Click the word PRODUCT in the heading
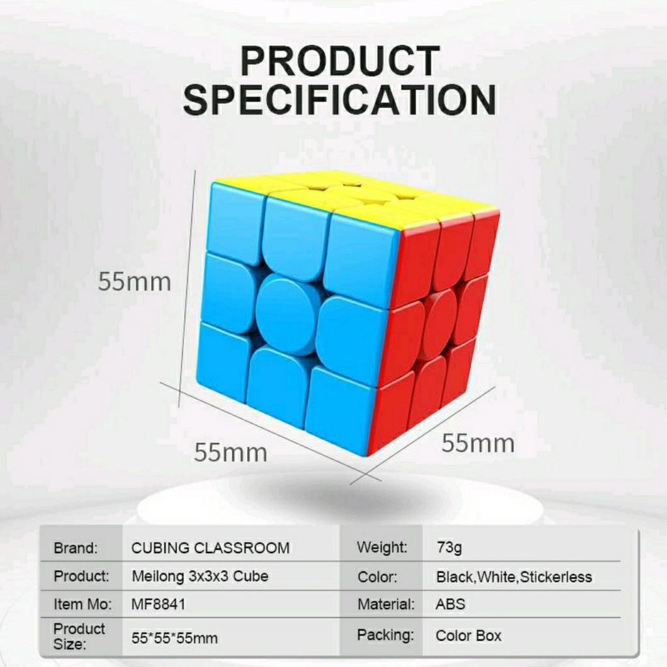tap(339, 63)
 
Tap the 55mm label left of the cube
tap(134, 282)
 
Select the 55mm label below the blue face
tap(231, 452)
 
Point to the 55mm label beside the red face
tap(478, 444)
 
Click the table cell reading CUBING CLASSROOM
tap(210, 548)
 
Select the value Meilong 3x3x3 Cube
tap(200, 576)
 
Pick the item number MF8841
tap(158, 604)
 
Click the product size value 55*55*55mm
tap(175, 638)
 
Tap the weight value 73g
tap(449, 548)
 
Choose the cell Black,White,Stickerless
tap(514, 577)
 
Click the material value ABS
tap(450, 604)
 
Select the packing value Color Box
tap(468, 636)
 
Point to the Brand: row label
tap(76, 548)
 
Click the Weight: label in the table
tap(382, 547)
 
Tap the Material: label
tap(386, 604)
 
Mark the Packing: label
tap(385, 634)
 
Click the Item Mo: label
tap(83, 604)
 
